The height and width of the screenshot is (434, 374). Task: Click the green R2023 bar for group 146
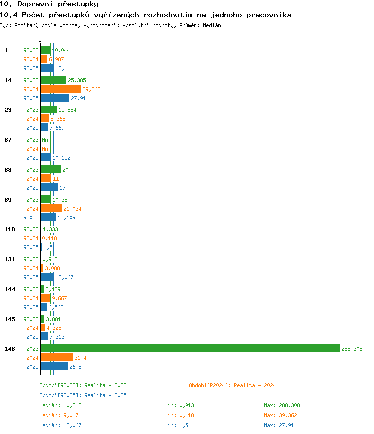pos(190,348)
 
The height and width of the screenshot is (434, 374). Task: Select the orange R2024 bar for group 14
pos(61,89)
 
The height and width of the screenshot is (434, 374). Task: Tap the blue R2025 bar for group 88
pos(49,187)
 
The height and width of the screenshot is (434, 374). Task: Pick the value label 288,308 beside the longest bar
pos(352,349)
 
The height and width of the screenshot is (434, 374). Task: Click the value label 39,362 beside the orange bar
pos(91,89)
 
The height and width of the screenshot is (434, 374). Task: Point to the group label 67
pos(8,140)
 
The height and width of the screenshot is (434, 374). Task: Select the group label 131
pos(9,259)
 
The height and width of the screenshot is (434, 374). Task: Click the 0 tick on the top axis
pos(40,40)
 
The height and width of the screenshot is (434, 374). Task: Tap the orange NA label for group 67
pos(45,149)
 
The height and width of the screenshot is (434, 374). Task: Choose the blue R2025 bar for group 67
pos(46,157)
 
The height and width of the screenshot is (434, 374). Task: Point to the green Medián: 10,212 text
pos(60,405)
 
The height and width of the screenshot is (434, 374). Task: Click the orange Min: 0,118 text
pos(179,415)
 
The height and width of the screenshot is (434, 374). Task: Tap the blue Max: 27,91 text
pos(279,425)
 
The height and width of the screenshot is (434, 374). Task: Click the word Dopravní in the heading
pos(35,4)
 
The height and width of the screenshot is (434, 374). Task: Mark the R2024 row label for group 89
pos(31,209)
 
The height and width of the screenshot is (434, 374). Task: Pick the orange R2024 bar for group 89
pos(51,208)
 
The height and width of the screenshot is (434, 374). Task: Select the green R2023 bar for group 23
pos(49,109)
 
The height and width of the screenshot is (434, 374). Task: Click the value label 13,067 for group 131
pos(64,277)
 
